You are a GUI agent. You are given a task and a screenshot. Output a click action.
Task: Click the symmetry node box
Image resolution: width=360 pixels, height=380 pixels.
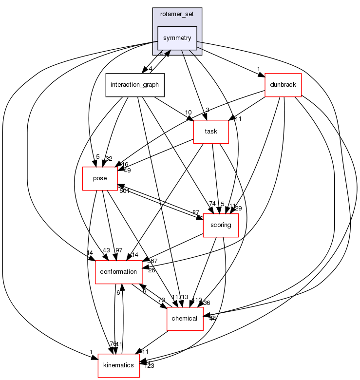[x=177, y=38]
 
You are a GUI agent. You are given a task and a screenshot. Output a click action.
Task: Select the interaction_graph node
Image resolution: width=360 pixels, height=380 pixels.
[x=135, y=85]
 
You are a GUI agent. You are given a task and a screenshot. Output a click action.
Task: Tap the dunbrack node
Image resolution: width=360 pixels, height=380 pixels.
[x=283, y=85]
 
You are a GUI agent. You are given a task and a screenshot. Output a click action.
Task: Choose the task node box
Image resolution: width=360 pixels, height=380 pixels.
[x=211, y=132]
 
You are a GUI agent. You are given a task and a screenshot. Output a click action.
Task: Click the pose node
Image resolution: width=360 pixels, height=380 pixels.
[x=99, y=178]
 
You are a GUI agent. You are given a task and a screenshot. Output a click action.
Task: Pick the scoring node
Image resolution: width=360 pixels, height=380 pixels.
[x=220, y=225]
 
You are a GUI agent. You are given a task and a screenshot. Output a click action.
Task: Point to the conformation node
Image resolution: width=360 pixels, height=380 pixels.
[x=118, y=271]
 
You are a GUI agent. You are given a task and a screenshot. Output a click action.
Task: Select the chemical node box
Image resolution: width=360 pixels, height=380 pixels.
[x=185, y=319]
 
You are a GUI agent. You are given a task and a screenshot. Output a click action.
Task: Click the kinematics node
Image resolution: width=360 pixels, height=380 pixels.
[x=118, y=365]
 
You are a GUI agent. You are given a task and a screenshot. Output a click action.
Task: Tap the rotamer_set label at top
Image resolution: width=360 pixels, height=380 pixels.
[x=177, y=13]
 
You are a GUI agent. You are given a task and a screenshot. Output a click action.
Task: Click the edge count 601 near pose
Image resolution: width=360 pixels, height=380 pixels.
[x=124, y=190]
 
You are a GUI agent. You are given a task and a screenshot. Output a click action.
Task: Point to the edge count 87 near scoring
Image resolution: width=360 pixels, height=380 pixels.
[x=196, y=212]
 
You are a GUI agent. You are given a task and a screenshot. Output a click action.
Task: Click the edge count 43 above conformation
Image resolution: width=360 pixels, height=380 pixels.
[x=106, y=250]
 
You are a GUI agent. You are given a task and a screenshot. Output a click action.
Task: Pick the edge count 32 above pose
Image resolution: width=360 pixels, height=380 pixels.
[x=108, y=158]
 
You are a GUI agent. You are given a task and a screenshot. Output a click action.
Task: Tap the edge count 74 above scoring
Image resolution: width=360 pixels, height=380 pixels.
[x=212, y=204]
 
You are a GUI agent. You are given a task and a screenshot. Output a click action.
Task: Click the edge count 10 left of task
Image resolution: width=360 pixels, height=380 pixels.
[x=188, y=113]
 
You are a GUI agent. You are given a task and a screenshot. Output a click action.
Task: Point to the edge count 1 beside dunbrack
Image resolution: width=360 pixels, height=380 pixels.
[x=258, y=69]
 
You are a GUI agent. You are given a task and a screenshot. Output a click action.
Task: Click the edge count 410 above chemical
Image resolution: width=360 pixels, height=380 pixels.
[x=196, y=301]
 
